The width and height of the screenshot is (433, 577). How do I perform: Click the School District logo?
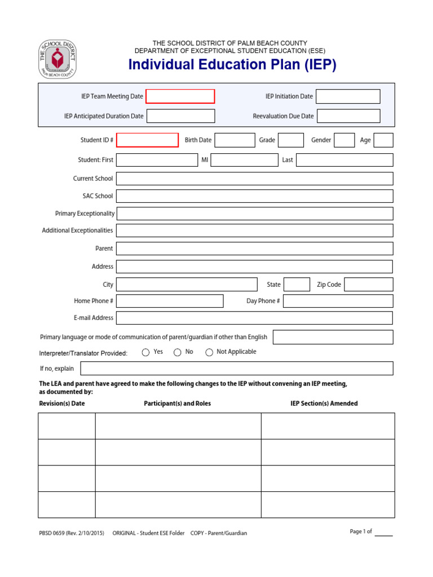[x=57, y=59]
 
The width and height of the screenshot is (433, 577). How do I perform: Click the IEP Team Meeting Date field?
[x=180, y=96]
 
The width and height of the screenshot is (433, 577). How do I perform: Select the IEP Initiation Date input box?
[x=348, y=96]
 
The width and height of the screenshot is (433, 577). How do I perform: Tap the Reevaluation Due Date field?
[x=348, y=116]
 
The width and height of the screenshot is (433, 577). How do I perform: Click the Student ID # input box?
[x=147, y=140]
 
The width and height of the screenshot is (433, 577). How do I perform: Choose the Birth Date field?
[x=235, y=140]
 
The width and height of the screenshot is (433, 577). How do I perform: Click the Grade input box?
[x=291, y=140]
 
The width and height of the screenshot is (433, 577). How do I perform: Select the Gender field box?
[x=344, y=140]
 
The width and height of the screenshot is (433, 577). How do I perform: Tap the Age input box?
[x=383, y=140]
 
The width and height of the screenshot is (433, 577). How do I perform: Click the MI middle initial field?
[x=244, y=160]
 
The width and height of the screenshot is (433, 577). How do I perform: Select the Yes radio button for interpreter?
[x=146, y=352]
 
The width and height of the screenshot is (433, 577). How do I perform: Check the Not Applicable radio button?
[x=209, y=352]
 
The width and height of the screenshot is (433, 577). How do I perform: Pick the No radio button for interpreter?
[x=178, y=352]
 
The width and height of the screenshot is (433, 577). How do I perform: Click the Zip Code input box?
[x=368, y=285]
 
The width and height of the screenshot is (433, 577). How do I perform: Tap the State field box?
[x=297, y=285]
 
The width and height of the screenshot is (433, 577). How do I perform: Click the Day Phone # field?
[x=338, y=301]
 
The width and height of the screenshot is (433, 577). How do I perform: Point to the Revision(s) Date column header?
[x=62, y=403]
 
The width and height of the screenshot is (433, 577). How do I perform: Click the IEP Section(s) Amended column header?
[x=324, y=403]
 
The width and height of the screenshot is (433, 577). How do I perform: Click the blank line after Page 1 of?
[x=384, y=532]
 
